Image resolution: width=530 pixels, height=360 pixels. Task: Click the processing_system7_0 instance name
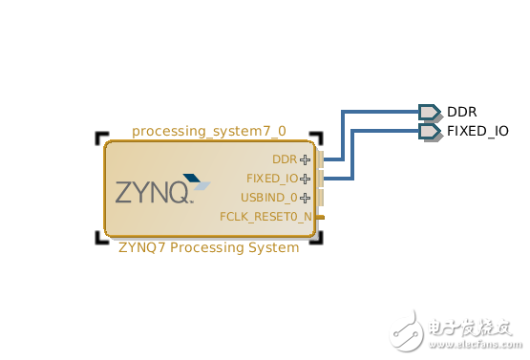tap(208, 131)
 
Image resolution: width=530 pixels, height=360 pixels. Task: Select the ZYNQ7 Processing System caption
tap(208, 247)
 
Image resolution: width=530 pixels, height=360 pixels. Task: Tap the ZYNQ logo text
tap(153, 192)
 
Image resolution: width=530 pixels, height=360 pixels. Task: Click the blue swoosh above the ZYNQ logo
tap(197, 178)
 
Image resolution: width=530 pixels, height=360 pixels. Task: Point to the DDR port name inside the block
tap(284, 159)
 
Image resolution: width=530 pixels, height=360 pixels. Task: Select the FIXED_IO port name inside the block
tap(271, 179)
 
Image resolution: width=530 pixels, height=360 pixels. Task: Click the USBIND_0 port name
tap(268, 198)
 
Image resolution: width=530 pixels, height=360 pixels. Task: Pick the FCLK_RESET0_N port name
tap(265, 217)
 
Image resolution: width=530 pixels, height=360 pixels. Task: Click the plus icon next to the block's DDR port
tap(306, 159)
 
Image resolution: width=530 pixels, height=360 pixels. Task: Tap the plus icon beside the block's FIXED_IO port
tap(306, 179)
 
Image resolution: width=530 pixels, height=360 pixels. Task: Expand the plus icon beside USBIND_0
tap(306, 198)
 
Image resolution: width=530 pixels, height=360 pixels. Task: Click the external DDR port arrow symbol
tap(429, 112)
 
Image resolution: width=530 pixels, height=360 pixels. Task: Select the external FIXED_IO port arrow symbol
tap(429, 130)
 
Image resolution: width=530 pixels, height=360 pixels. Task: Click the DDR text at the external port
tap(462, 112)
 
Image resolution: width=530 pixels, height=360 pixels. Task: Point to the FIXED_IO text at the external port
tap(477, 130)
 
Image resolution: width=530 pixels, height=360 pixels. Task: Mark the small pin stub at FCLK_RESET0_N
tap(321, 218)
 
